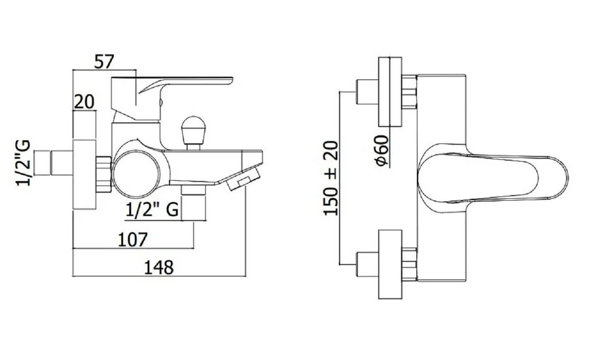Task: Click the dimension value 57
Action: pos(103,61)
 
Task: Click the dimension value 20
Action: pos(84,101)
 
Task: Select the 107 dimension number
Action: pos(133,239)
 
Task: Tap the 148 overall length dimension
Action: pos(159,268)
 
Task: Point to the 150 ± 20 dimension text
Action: pos(331,179)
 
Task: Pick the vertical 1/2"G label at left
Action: pos(23,164)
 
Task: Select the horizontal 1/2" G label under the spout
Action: pos(152,210)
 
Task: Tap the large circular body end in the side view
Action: pos(137,174)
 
